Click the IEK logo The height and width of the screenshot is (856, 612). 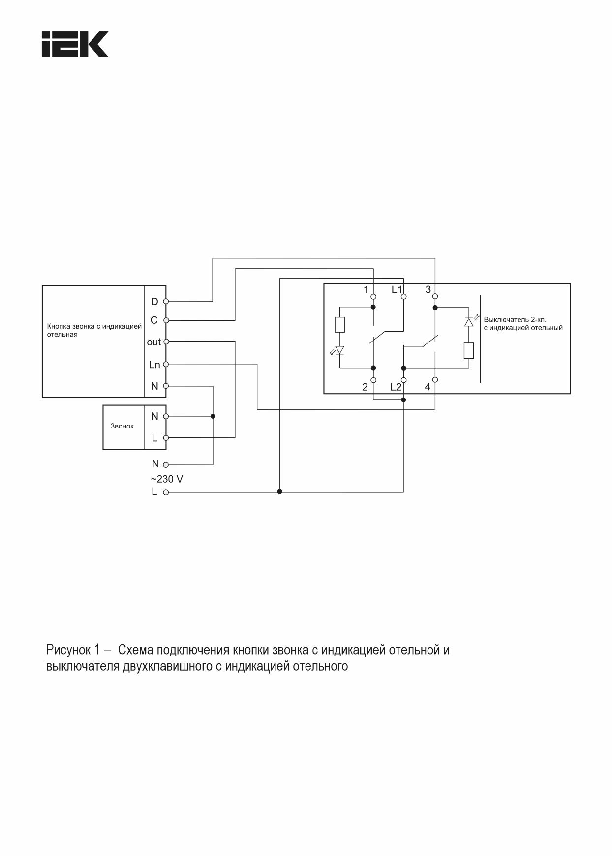coord(75,45)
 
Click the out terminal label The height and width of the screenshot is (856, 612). coord(154,342)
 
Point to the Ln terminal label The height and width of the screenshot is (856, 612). coord(154,365)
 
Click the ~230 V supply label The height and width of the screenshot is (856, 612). coord(167,479)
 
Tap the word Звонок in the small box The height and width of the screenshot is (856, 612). coord(122,426)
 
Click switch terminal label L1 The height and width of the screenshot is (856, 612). coord(397,290)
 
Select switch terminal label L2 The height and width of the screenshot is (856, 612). coord(396,387)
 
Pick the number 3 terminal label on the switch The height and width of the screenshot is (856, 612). coord(428,290)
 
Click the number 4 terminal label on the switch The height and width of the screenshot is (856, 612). coord(427,387)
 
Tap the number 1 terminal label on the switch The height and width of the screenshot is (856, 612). coord(366,290)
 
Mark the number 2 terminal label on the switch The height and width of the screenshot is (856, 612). coord(365,387)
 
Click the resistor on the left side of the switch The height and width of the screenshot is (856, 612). coord(339,325)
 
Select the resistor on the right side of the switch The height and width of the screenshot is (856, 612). coord(469,351)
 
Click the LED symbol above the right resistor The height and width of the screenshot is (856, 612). coord(469,322)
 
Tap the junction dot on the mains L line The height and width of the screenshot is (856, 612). coord(280,491)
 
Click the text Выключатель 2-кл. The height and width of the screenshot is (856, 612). coord(515,319)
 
